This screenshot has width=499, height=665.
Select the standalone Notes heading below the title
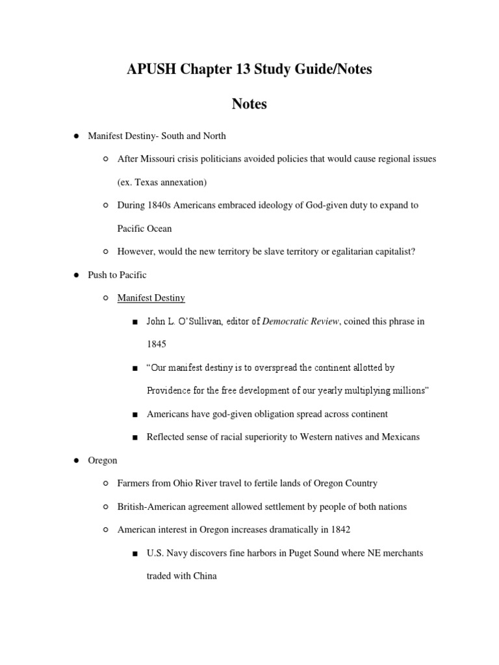click(249, 103)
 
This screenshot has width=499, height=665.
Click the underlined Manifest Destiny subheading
click(151, 298)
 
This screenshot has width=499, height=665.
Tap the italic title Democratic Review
click(300, 321)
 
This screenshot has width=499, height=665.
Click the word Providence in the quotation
click(170, 390)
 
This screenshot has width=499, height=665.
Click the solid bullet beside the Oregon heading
click(75, 460)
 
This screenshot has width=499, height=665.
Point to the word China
click(203, 576)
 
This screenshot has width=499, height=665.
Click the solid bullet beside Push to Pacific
click(75, 275)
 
